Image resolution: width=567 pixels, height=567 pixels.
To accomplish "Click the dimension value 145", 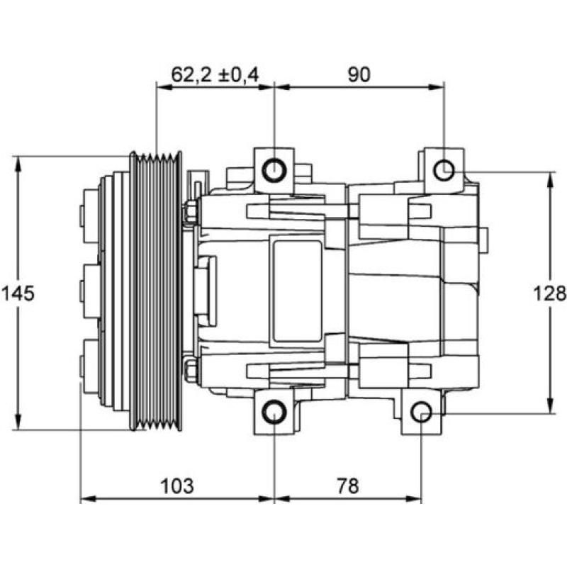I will pyautogui.click(x=18, y=293).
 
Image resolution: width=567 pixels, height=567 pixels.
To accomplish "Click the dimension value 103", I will pyautogui.click(x=176, y=485).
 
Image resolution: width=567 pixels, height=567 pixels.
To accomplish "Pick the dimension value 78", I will pyautogui.click(x=347, y=485).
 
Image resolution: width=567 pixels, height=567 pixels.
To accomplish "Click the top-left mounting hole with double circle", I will pyautogui.click(x=274, y=170).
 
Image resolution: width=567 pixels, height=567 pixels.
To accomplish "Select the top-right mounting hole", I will pyautogui.click(x=444, y=170).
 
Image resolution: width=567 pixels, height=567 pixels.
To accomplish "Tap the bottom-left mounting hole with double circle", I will pyautogui.click(x=274, y=412).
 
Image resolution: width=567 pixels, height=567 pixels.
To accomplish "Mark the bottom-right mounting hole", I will pyautogui.click(x=422, y=412).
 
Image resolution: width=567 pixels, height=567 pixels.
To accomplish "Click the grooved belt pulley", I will pyautogui.click(x=156, y=291).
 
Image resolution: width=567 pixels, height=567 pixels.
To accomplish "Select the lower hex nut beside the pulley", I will pyautogui.click(x=190, y=370).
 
